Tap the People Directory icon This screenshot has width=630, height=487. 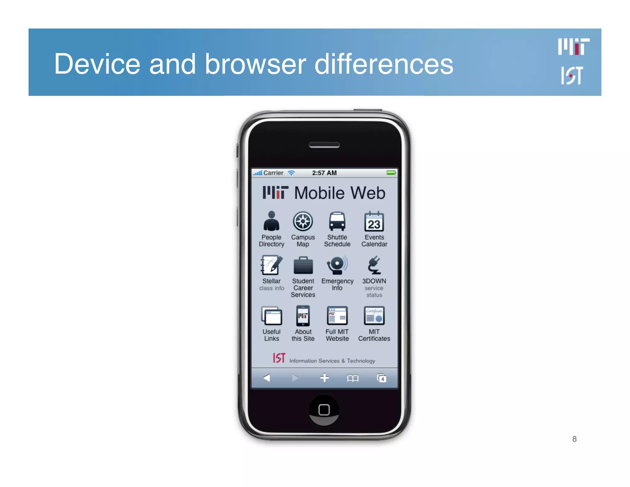tap(271, 221)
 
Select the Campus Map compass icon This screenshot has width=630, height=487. tap(303, 221)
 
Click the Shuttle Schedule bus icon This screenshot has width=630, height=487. tap(337, 221)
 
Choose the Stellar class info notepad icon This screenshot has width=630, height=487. tap(271, 265)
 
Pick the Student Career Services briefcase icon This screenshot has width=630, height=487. tap(303, 265)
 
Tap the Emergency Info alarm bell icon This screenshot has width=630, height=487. tap(337, 265)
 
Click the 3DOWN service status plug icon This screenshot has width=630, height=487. tap(374, 265)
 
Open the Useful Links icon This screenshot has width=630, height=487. tap(271, 316)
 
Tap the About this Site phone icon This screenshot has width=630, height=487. tap(303, 316)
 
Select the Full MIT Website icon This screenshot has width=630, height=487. tap(337, 316)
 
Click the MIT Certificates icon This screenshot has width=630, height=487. tap(374, 316)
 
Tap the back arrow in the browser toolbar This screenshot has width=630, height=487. tap(267, 378)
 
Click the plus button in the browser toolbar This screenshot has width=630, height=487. tap(325, 378)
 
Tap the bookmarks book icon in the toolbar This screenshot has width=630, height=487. tap(353, 378)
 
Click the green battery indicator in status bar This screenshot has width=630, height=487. tap(391, 173)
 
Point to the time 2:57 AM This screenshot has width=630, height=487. tap(324, 173)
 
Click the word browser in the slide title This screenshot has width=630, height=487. tap(255, 64)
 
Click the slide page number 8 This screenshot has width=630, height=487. tap(574, 439)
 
